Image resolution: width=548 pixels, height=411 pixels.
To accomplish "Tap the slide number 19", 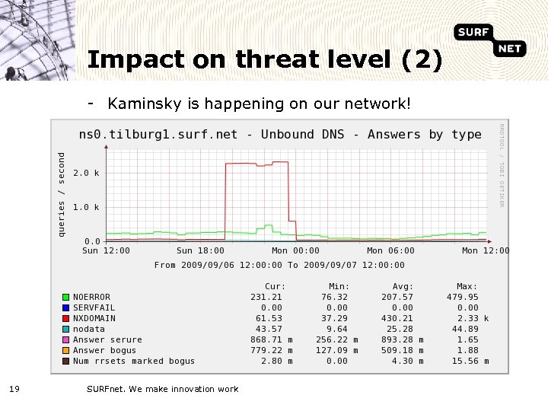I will tap(14, 389).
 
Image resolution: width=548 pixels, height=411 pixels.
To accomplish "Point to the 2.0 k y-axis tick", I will tap(85, 173).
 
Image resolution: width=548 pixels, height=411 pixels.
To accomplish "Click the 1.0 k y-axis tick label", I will tap(85, 207).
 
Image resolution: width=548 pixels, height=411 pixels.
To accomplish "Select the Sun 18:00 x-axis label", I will tap(200, 250).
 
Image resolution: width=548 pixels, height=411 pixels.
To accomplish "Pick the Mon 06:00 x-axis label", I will tap(390, 250).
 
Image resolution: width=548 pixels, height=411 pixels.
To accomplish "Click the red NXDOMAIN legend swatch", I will tap(66, 318).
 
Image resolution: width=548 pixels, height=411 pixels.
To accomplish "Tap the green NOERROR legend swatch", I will tap(66, 297).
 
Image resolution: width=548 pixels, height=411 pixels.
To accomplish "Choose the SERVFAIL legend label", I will tap(94, 307).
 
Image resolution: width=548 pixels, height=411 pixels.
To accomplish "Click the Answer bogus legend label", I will tap(104, 350).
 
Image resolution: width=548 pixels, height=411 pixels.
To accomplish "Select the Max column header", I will tap(467, 286).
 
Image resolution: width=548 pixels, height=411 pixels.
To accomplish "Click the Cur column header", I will tap(275, 286).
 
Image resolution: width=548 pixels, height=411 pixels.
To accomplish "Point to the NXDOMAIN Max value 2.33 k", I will tap(473, 318).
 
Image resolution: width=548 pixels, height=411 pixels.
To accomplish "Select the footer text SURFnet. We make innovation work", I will tap(162, 389).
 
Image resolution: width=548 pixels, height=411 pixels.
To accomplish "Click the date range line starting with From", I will tap(279, 265).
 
